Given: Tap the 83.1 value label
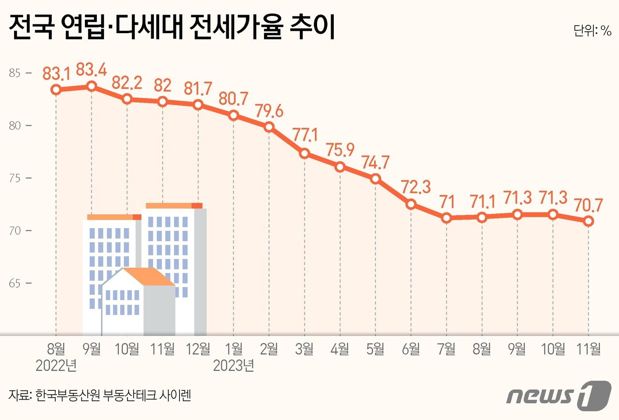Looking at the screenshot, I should pyautogui.click(x=56, y=73).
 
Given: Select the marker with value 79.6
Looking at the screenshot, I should pyautogui.click(x=269, y=127).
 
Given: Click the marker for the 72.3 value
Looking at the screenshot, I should pyautogui.click(x=411, y=204).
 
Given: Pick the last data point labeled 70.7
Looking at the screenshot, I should pyautogui.click(x=588, y=221).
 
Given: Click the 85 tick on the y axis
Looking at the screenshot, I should pyautogui.click(x=15, y=73).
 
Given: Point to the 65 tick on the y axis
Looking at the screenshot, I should pyautogui.click(x=15, y=283).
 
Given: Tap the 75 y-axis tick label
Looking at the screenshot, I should pyautogui.click(x=15, y=178).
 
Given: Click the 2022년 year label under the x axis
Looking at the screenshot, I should pyautogui.click(x=56, y=366).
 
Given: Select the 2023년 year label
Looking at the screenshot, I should pyautogui.click(x=233, y=366).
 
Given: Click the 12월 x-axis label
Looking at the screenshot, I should pyautogui.click(x=198, y=349).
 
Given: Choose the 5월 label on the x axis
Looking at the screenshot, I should pyautogui.click(x=375, y=349).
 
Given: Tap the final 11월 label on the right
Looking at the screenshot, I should pyautogui.click(x=588, y=349).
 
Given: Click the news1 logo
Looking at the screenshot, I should pyautogui.click(x=559, y=394).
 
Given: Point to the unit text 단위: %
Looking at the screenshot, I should pyautogui.click(x=592, y=31).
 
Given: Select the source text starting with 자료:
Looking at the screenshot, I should pyautogui.click(x=99, y=395).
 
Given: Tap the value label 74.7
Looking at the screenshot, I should pyautogui.click(x=375, y=163).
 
